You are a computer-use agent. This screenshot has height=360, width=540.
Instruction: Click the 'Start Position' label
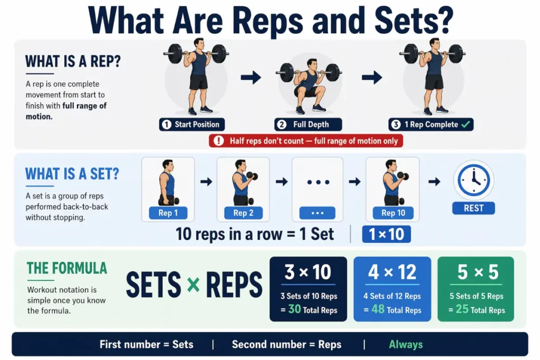coord(192,125)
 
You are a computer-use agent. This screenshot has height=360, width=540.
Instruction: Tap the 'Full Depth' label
coord(308,125)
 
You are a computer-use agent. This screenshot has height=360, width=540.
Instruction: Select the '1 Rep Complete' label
coord(431,125)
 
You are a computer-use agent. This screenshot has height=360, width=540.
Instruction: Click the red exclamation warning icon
coord(218,141)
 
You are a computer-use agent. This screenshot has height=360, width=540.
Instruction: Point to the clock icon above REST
coord(473,180)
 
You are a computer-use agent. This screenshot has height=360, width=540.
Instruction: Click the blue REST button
coord(473,208)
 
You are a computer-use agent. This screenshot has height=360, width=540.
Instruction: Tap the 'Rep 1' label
coord(168,213)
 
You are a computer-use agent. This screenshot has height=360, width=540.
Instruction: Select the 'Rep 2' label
coord(243,213)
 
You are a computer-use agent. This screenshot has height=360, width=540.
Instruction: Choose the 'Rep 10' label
coord(393,213)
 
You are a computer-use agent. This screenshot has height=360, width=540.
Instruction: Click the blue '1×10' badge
coord(386,235)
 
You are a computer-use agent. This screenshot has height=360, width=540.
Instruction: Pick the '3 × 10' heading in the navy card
coord(308,273)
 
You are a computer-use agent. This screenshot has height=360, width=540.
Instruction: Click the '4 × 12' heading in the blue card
coord(392,273)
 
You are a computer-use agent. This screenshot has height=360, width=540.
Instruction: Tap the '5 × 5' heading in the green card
coord(476,273)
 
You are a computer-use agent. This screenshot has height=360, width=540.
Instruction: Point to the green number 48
coord(378,309)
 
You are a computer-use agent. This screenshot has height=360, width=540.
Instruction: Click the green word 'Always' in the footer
coord(406,345)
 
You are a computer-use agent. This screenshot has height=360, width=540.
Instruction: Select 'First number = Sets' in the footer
coord(147,345)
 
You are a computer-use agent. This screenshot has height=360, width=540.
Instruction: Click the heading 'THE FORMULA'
coord(66,268)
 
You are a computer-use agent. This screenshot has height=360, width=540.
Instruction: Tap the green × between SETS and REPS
coord(194,285)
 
